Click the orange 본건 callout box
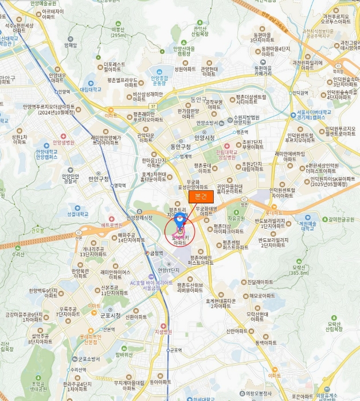(201, 196)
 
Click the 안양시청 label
(205, 137)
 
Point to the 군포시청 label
(110, 316)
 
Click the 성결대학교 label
(77, 214)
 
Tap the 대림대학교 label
(91, 89)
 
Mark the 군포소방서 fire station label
(89, 359)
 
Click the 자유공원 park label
(236, 218)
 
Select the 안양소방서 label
(207, 123)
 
